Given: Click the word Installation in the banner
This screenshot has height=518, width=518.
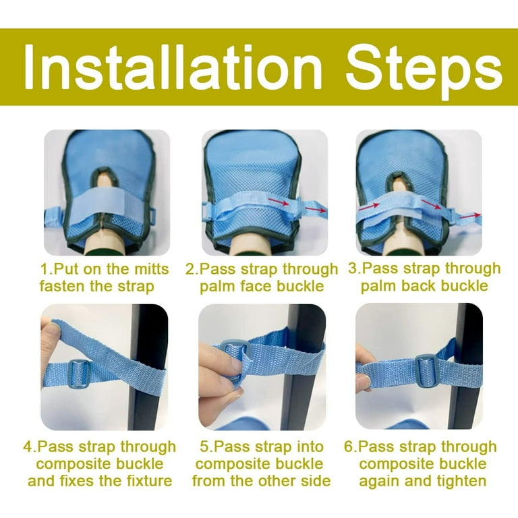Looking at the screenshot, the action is tap(172, 67).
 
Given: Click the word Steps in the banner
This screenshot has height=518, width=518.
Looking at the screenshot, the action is tap(424, 71).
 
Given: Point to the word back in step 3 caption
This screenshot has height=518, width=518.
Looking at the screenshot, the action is tap(418, 285).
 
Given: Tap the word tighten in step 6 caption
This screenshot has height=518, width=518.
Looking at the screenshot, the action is tap(461, 481).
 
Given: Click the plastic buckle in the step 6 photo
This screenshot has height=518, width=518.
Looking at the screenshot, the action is tap(427, 371).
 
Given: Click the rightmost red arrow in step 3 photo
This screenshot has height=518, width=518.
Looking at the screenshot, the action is tap(469, 216).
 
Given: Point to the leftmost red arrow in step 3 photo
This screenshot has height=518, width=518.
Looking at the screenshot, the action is tap(370, 207).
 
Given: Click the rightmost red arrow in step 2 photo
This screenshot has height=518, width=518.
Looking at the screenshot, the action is tap(316, 210).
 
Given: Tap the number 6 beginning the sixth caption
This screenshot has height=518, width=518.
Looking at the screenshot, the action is tap(348, 447).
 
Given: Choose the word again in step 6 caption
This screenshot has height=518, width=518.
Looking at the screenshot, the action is tap(380, 482).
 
